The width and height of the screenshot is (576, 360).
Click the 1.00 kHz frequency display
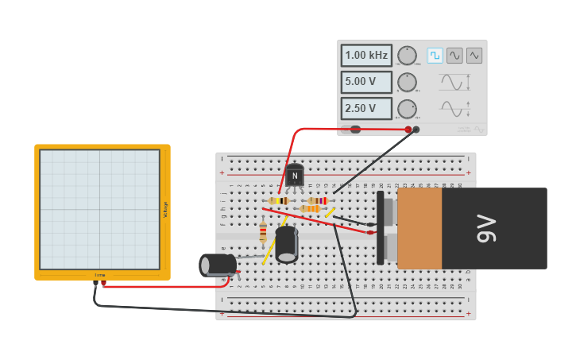366,56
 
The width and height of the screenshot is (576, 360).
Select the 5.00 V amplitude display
366,82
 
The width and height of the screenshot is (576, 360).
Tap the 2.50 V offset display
366,108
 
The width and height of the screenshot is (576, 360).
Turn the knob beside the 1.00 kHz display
407,56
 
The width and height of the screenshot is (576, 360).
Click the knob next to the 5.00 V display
407,82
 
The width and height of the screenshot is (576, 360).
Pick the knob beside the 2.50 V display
407,108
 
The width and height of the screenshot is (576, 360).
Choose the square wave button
435,56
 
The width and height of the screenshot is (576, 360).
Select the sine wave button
454,56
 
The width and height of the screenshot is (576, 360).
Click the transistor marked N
295,175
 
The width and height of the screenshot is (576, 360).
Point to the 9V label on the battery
486,228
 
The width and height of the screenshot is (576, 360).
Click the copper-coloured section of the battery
419,228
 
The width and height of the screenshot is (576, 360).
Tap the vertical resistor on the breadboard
263,232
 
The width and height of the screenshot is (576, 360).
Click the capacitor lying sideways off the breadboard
218,265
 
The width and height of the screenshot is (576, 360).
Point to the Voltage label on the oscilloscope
165,210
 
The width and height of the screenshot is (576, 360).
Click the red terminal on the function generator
408,130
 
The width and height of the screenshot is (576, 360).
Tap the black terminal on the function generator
416,129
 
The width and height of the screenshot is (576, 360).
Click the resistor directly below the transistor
279,200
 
